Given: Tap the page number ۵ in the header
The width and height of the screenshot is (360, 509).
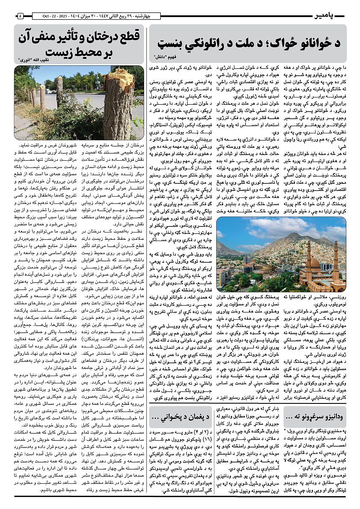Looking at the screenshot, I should pos(20,16).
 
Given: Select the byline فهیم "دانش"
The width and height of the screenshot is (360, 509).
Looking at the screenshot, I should pos(164,56).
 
